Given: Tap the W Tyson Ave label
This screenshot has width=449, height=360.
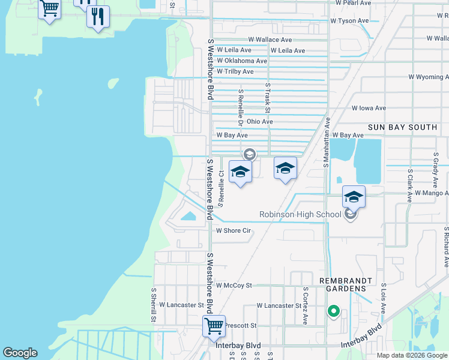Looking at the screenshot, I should pyautogui.click(x=349, y=20).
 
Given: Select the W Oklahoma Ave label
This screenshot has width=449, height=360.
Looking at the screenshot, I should pyautogui.click(x=242, y=61).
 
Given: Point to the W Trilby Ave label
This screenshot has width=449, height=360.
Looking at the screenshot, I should pyautogui.click(x=235, y=71).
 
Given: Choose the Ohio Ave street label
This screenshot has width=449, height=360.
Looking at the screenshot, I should pyautogui.click(x=259, y=122).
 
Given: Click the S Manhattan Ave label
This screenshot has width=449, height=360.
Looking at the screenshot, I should pyautogui.click(x=328, y=142).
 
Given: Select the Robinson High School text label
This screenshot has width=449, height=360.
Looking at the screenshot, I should pyautogui.click(x=300, y=214).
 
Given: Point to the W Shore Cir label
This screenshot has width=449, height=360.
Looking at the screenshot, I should pyautogui.click(x=233, y=230).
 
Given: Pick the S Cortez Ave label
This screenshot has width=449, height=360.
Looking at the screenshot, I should pyautogui.click(x=306, y=305).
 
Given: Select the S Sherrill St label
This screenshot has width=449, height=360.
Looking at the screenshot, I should pyautogui.click(x=154, y=305).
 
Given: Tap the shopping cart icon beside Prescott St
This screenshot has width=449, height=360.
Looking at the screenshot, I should pyautogui.click(x=214, y=326).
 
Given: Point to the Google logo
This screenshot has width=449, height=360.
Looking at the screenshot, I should pyautogui.click(x=20, y=353).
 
